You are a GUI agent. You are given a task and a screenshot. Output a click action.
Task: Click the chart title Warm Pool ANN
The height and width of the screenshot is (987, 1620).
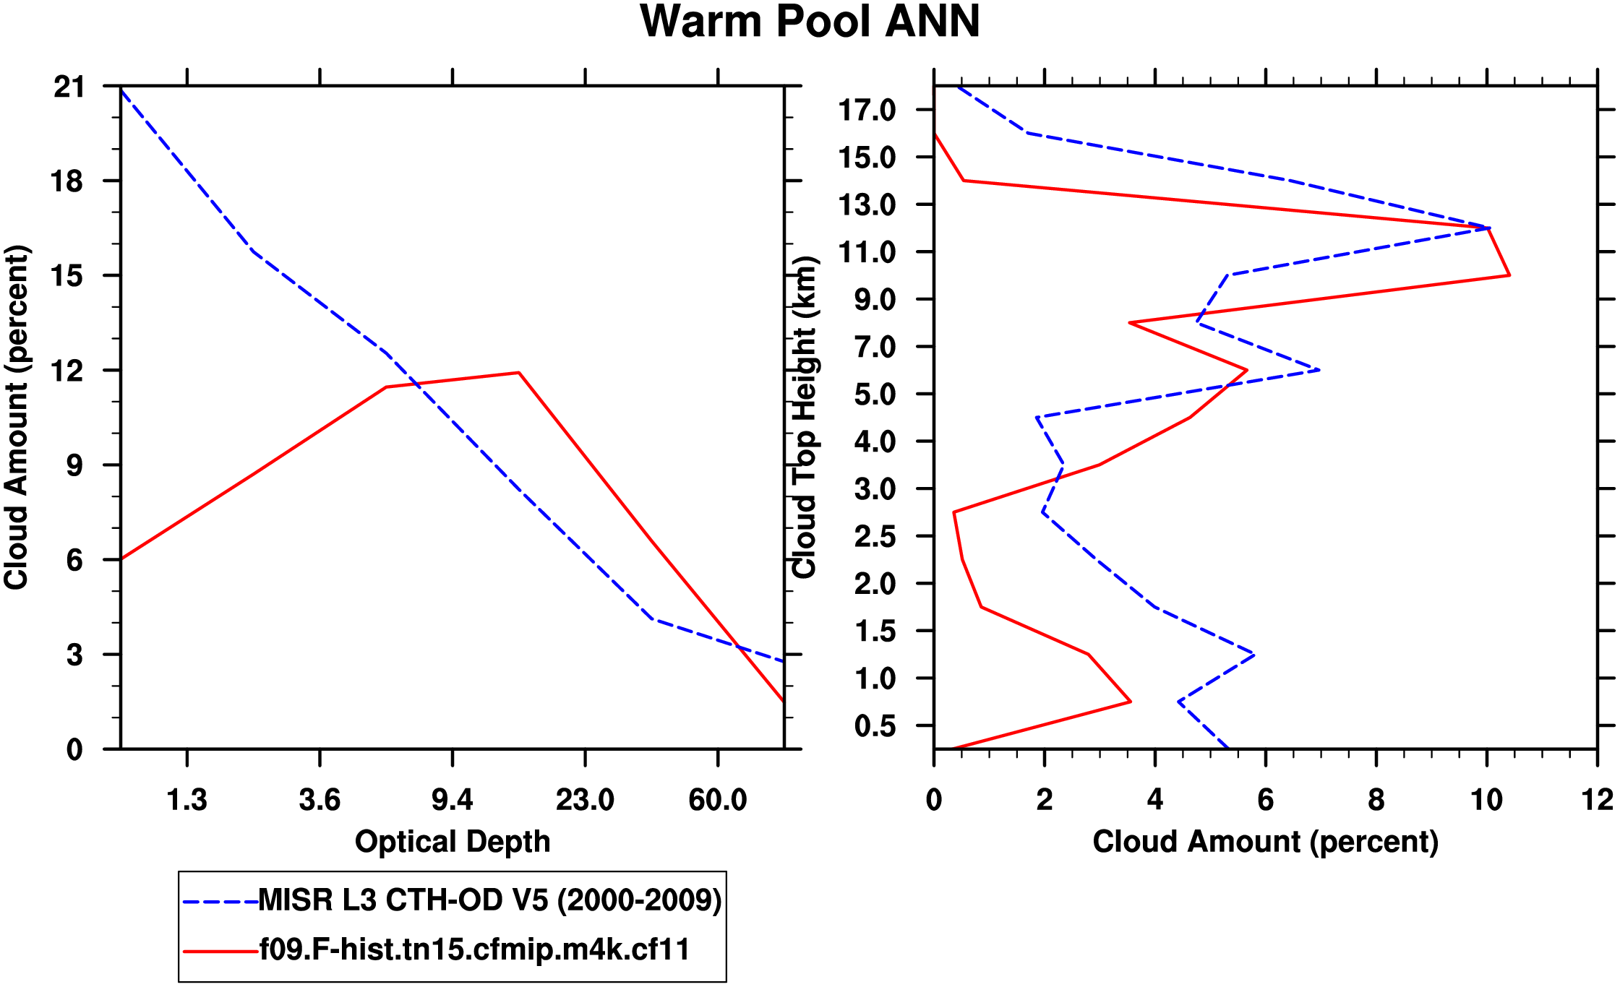[810, 22]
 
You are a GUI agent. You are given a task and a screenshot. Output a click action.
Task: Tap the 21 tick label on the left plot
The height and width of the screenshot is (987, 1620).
[69, 87]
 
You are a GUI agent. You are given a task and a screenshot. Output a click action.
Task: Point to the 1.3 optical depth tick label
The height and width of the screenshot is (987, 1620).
[187, 800]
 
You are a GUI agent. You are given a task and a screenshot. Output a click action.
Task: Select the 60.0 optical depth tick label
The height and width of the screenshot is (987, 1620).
[717, 800]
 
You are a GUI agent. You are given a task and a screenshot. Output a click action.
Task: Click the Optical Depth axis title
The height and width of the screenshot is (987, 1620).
[453, 842]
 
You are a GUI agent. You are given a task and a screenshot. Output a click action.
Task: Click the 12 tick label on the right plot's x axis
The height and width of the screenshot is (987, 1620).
[1597, 800]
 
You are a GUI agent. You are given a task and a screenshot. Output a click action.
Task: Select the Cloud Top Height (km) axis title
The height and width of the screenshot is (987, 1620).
[805, 418]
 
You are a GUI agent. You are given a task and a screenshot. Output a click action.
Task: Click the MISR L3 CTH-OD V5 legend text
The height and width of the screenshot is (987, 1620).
[490, 900]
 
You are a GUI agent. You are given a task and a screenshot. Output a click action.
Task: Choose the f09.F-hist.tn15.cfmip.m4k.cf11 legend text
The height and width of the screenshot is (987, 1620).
[474, 949]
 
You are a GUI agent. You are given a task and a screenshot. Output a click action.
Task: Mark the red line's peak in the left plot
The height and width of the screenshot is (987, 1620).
[518, 373]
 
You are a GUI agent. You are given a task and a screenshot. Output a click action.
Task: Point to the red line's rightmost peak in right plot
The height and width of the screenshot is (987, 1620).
[1509, 275]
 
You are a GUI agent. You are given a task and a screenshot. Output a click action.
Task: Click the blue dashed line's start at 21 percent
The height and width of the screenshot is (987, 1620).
[121, 88]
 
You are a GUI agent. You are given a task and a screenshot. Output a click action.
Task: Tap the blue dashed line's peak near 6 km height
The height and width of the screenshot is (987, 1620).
[1319, 370]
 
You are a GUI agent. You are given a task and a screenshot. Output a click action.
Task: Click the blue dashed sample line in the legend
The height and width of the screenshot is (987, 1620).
[220, 902]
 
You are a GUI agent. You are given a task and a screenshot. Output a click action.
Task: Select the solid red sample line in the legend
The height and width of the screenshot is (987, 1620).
[220, 951]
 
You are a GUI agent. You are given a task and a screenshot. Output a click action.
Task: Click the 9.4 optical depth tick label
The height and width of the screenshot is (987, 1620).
[452, 800]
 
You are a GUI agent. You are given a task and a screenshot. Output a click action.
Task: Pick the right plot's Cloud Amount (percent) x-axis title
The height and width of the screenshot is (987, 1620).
[1265, 842]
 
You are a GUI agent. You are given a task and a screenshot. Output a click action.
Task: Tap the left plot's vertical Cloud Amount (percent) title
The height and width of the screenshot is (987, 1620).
[16, 418]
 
